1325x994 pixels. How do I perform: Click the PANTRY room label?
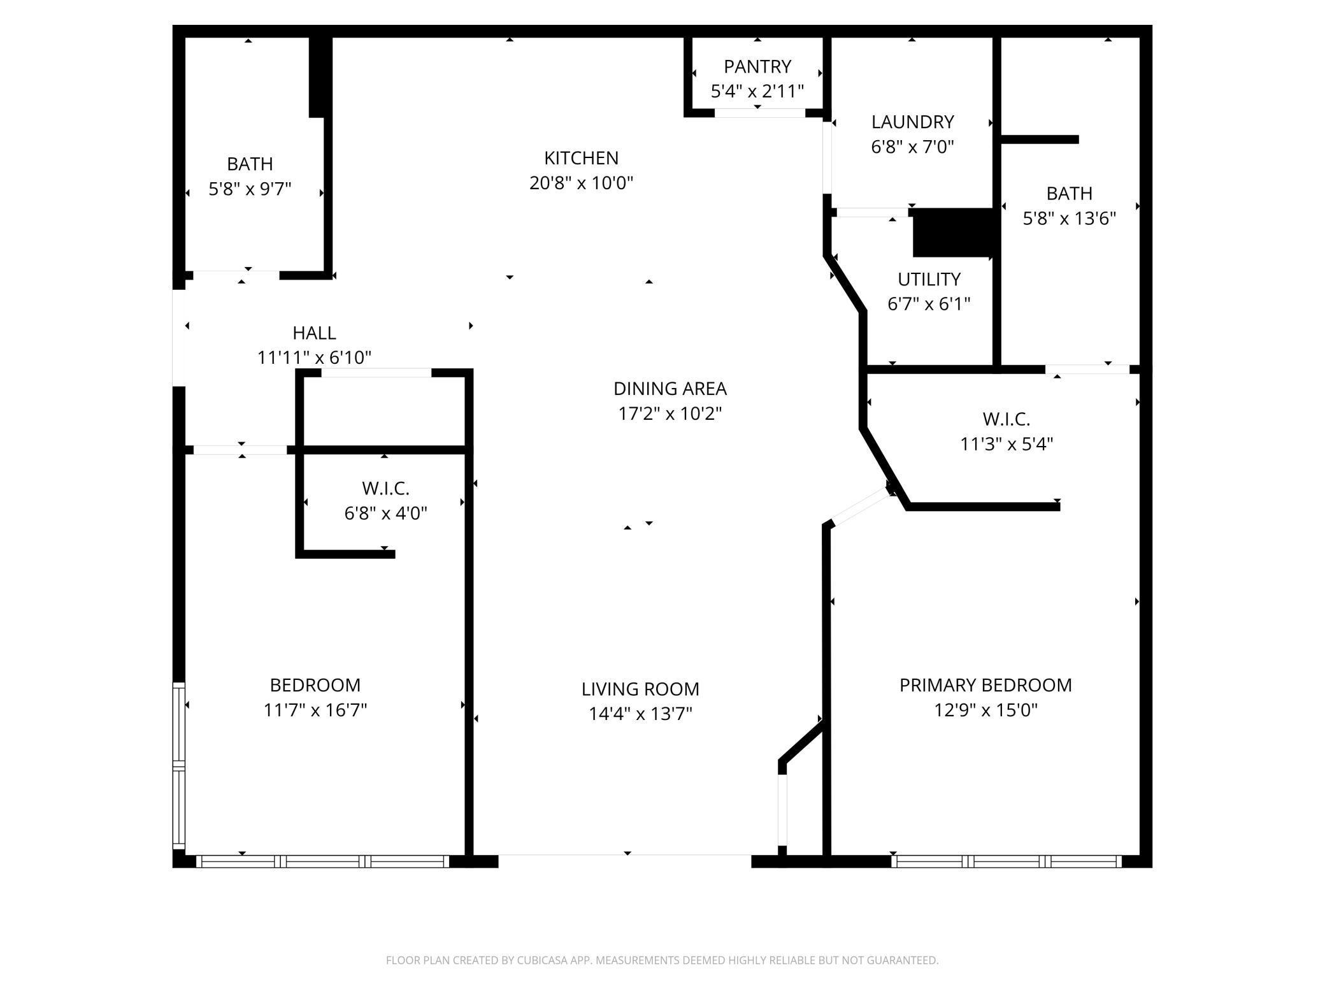click(757, 66)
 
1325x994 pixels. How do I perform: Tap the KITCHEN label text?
click(581, 157)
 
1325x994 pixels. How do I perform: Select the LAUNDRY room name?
click(912, 122)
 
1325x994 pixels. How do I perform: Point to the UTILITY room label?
click(929, 279)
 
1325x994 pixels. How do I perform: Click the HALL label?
click(314, 333)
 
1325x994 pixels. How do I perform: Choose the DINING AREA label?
click(670, 388)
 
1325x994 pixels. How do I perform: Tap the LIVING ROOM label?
click(640, 689)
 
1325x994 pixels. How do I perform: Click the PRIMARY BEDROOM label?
click(985, 685)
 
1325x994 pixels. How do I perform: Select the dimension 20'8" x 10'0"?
click(581, 183)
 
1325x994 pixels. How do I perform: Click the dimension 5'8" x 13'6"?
click(1070, 219)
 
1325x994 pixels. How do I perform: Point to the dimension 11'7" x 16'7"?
click(315, 710)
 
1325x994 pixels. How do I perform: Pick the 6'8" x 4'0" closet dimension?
click(385, 513)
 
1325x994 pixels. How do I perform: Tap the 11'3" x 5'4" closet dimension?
click(1006, 443)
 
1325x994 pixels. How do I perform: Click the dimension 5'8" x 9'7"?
click(250, 189)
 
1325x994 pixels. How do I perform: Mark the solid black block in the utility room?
click(953, 233)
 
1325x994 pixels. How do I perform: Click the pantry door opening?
click(760, 113)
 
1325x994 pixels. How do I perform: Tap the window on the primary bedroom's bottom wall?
click(1006, 861)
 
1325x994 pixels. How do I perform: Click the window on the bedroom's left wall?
click(179, 765)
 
